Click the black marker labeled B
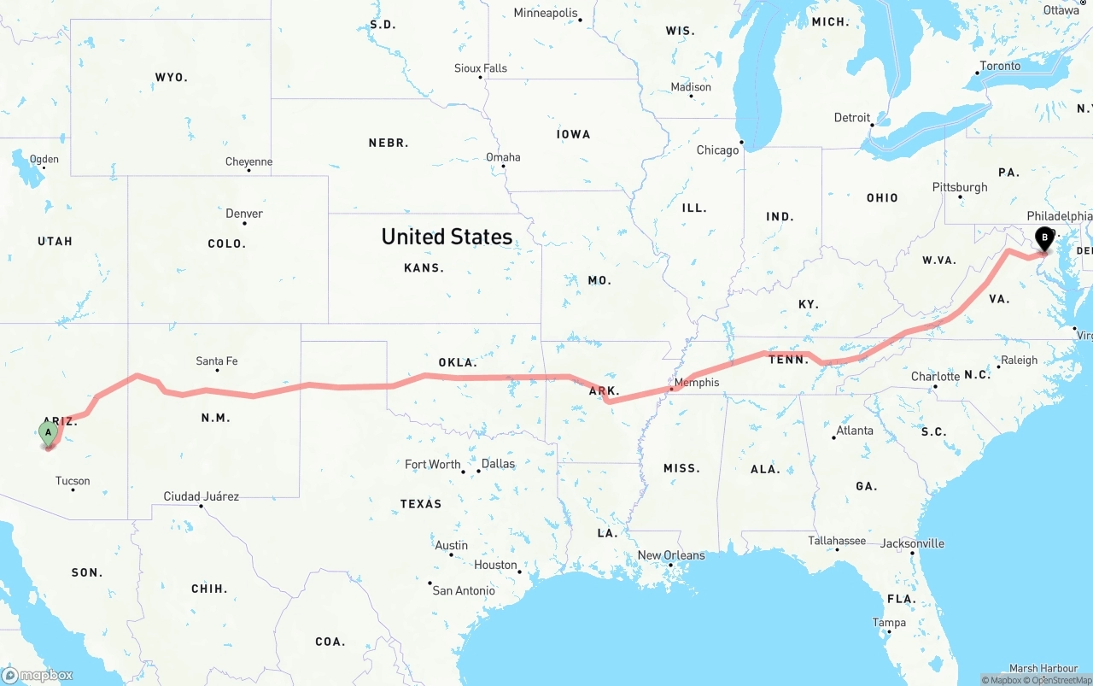(x=1043, y=238)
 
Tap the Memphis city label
(x=697, y=383)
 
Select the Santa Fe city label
(x=217, y=361)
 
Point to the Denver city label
(x=244, y=214)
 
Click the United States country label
(x=447, y=237)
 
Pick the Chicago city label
(x=717, y=150)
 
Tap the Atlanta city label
(x=855, y=431)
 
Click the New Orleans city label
(x=671, y=555)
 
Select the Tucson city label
(x=73, y=481)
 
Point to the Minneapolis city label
(x=546, y=13)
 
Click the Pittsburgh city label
(x=960, y=187)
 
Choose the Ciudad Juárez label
(x=202, y=496)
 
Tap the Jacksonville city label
(x=912, y=543)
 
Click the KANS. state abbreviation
(x=424, y=268)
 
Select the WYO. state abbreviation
(x=171, y=78)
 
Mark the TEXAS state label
(x=421, y=504)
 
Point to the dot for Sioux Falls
(x=480, y=78)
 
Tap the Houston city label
(x=496, y=565)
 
